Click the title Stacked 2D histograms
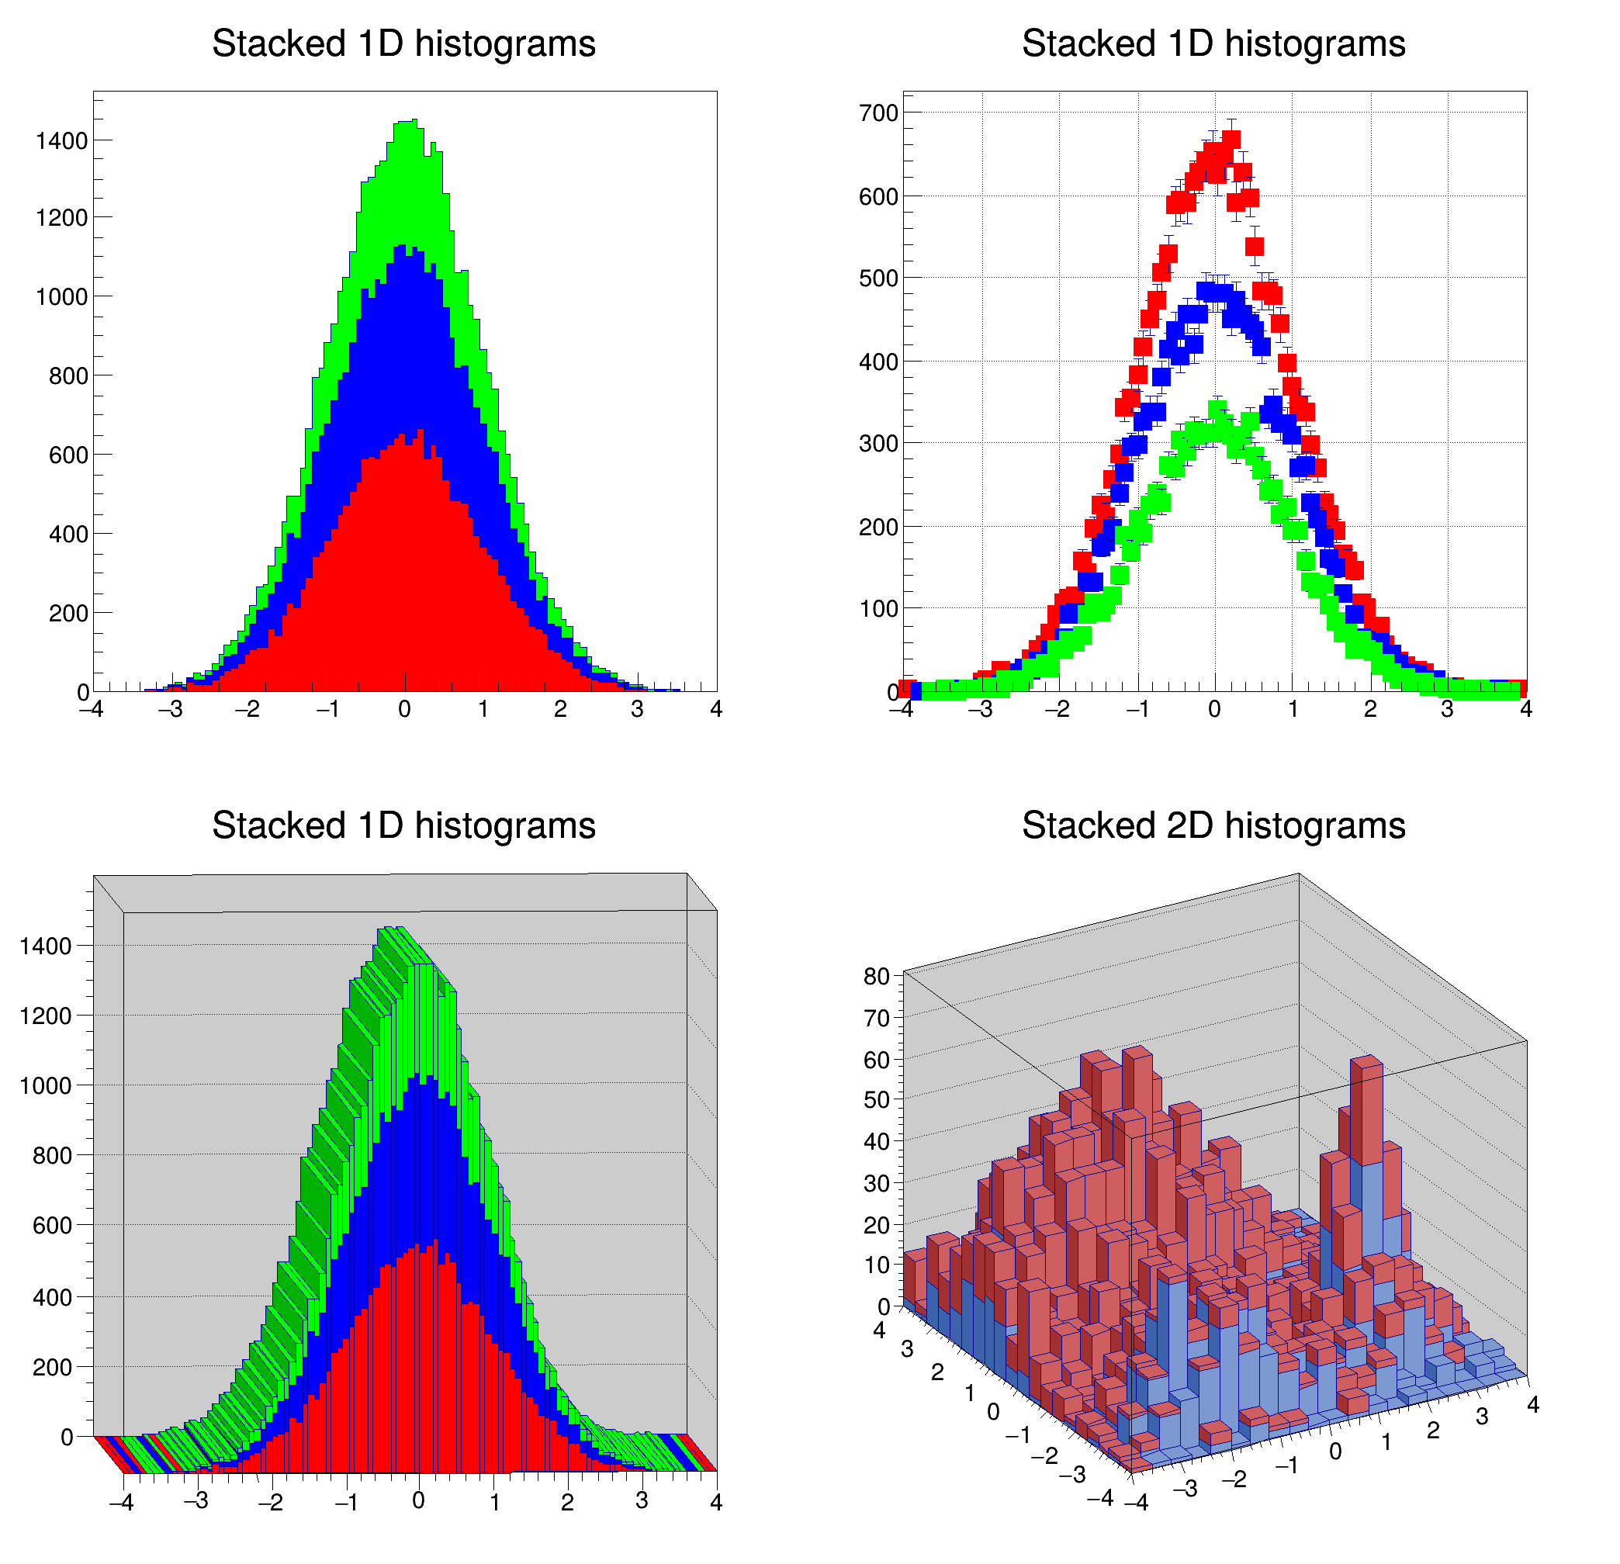click(1213, 825)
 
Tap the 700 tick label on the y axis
click(877, 113)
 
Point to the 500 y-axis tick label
click(877, 279)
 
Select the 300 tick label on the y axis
click(877, 444)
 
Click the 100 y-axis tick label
click(877, 609)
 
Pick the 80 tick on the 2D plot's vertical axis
click(876, 976)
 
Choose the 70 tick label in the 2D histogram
click(876, 1019)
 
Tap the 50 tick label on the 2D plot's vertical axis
click(876, 1100)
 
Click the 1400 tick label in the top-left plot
click(61, 141)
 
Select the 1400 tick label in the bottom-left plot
click(46, 946)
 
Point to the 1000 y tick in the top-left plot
click(61, 298)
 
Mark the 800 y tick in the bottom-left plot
click(52, 1156)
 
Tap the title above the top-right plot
click(1213, 43)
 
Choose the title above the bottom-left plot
click(403, 825)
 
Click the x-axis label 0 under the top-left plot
click(404, 709)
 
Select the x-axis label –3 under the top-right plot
click(979, 709)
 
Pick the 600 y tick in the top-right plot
click(877, 197)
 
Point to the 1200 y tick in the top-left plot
click(61, 218)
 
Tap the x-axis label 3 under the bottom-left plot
click(642, 1500)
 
